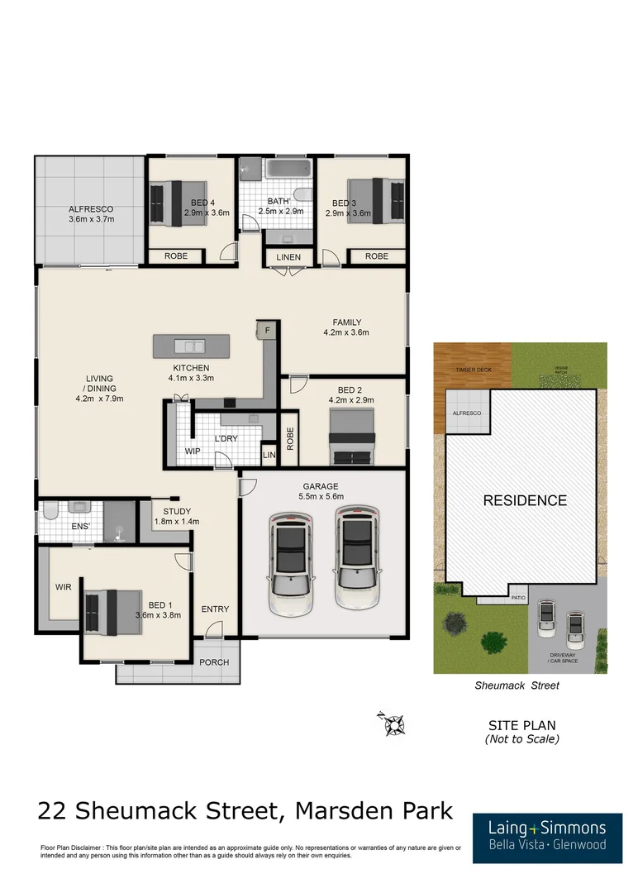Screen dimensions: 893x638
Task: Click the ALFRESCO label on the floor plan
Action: pyautogui.click(x=90, y=209)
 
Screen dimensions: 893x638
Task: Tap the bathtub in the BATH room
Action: pyautogui.click(x=288, y=171)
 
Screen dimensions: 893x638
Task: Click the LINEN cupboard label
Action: pyautogui.click(x=288, y=257)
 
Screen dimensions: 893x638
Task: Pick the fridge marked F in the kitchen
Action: pyautogui.click(x=268, y=331)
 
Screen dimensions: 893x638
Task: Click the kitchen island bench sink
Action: pyautogui.click(x=193, y=346)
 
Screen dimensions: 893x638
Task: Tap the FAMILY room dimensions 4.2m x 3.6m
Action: pyautogui.click(x=347, y=332)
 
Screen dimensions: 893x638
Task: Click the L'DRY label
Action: pyautogui.click(x=226, y=438)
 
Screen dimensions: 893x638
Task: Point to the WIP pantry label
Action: pyautogui.click(x=192, y=451)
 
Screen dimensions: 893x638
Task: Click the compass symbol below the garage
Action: pyautogui.click(x=392, y=723)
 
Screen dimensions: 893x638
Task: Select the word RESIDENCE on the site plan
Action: pyautogui.click(x=525, y=500)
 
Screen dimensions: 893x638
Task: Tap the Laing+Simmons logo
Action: pyautogui.click(x=547, y=835)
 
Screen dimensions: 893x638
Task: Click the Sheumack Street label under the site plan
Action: pyautogui.click(x=517, y=685)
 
